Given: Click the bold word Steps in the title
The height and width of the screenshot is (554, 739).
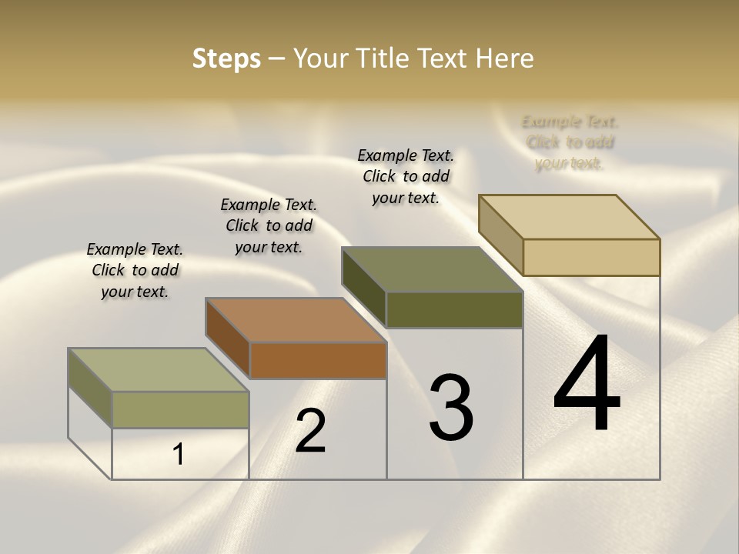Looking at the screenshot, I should coord(226,58).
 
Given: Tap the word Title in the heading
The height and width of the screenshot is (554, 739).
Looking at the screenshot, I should coord(385,58).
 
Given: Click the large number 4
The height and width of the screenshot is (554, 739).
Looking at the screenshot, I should coord(587,385).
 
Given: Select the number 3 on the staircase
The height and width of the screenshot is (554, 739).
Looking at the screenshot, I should coord(451,408).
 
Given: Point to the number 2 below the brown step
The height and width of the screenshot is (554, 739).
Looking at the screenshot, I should coord(310,431).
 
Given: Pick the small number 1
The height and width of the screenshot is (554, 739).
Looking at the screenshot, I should coord(178,455).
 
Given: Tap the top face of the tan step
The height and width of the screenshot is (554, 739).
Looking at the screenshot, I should coord(570,216).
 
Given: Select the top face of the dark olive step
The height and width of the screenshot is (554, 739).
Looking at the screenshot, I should coord(432,269).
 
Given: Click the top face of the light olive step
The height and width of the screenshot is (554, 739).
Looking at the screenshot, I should coord(159,370).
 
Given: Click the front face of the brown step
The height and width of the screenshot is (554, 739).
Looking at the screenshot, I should coord(318,360).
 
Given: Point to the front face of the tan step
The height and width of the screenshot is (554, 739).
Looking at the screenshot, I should coord(591,257).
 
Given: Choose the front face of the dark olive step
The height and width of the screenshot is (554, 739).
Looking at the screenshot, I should coord(454,309).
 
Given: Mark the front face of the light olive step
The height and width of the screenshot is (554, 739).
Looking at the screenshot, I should coord(180,409).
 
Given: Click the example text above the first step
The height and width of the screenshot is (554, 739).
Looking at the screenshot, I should coord(135,270).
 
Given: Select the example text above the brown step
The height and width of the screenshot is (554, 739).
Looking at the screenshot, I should coord(269,225).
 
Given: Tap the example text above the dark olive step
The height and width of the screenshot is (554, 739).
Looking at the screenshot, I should coord(406,176).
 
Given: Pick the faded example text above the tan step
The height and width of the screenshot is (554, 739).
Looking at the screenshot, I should coord(570,142).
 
